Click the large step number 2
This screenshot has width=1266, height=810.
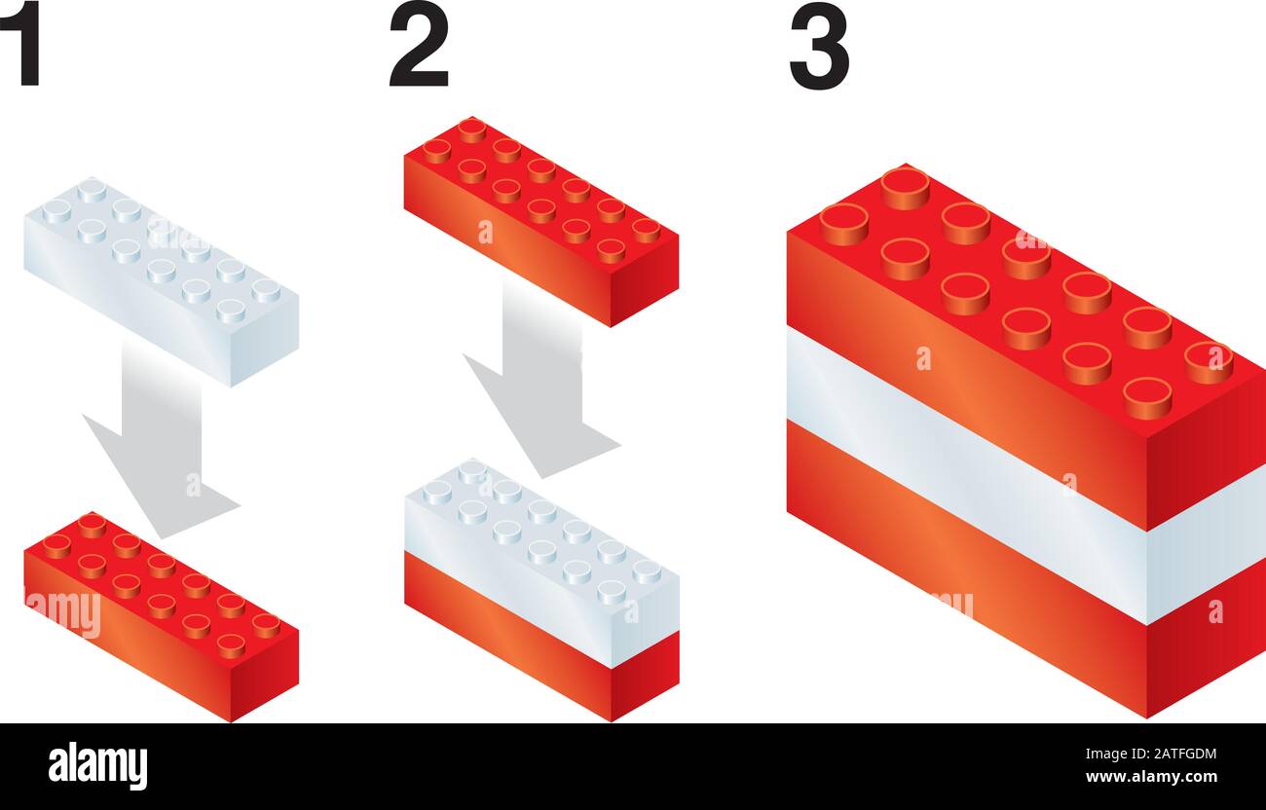point(419,44)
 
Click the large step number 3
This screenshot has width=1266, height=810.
point(819,45)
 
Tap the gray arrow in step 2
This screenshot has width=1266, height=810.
point(541,385)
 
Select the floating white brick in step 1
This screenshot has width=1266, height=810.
point(161,281)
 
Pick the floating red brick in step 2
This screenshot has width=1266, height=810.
point(541,221)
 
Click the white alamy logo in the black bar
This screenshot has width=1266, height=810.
point(97,766)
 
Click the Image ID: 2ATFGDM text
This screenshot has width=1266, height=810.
point(1151,754)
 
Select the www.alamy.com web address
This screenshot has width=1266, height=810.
point(1151,777)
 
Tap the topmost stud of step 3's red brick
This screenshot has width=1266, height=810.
point(905,188)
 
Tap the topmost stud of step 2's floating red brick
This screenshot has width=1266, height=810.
point(472,130)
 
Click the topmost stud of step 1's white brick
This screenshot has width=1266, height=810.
point(92,191)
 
